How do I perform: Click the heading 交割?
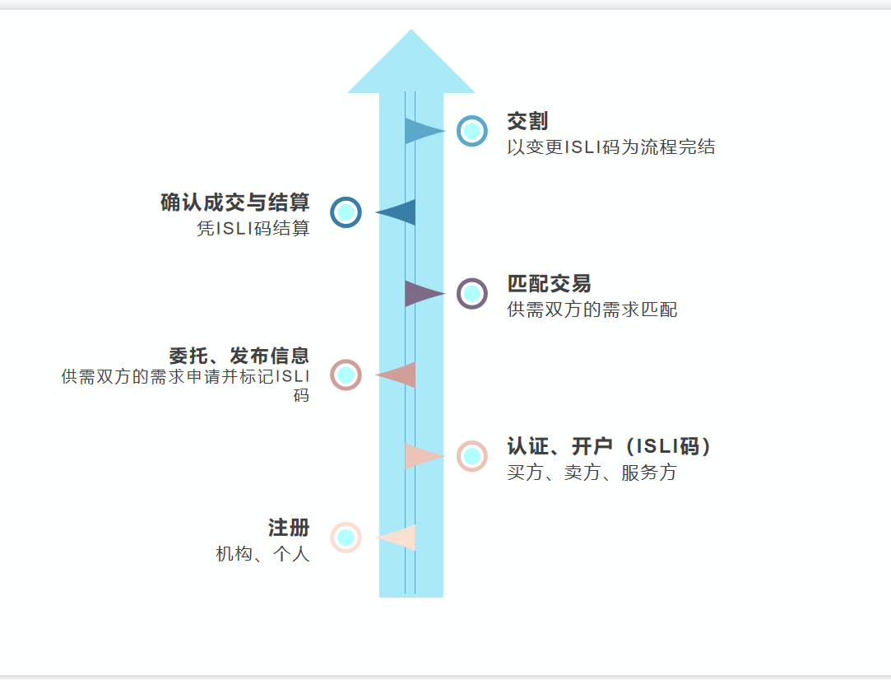(527, 122)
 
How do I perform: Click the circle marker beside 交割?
(472, 130)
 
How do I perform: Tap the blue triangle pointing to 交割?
(422, 130)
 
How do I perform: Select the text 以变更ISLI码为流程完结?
(611, 147)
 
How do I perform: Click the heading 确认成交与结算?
(235, 203)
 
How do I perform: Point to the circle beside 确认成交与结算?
(346, 212)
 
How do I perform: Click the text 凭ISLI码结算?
(253, 229)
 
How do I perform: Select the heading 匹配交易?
(549, 284)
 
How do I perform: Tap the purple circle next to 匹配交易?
(472, 293)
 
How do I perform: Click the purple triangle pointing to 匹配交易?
(422, 293)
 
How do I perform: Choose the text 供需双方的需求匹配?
(592, 310)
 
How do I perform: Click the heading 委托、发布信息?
(239, 356)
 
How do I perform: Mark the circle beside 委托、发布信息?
(346, 375)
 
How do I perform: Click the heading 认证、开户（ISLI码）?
(610, 446)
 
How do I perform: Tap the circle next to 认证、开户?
(472, 455)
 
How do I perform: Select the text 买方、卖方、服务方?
(592, 473)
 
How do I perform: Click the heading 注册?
(289, 528)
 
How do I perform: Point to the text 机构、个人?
(263, 554)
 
